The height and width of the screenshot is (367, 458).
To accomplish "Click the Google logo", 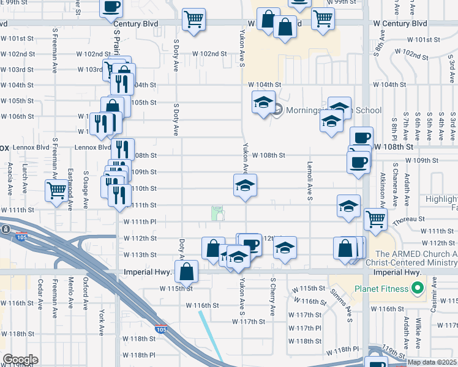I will [20, 360].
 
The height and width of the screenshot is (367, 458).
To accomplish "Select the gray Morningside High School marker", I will [277, 110].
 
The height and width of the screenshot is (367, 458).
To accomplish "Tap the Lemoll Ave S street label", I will [310, 180].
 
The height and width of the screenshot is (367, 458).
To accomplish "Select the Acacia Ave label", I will [10, 179].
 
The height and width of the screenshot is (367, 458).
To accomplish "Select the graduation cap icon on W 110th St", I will [245, 185].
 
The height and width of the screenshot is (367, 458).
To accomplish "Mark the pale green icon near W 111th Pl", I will [218, 213].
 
